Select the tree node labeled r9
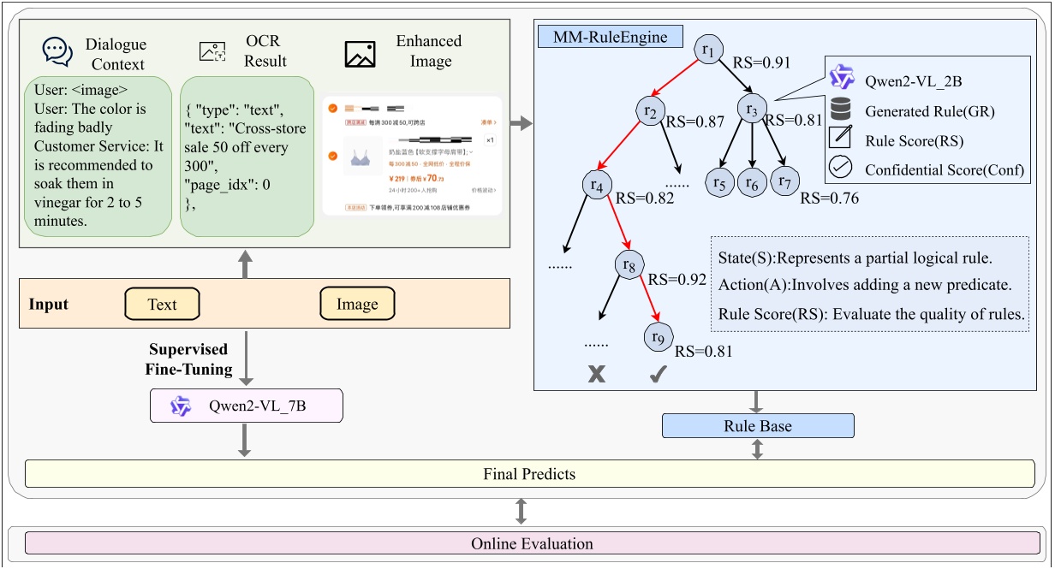click(x=658, y=337)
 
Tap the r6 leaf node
click(x=752, y=182)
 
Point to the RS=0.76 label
click(x=830, y=199)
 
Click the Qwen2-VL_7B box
click(x=247, y=406)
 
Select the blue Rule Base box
click(x=758, y=425)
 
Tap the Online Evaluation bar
click(x=531, y=543)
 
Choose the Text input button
click(x=162, y=304)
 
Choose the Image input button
click(x=356, y=304)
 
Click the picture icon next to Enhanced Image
click(x=361, y=54)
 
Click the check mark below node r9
click(x=659, y=374)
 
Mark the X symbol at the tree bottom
click(x=596, y=374)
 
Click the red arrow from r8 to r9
click(x=644, y=299)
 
